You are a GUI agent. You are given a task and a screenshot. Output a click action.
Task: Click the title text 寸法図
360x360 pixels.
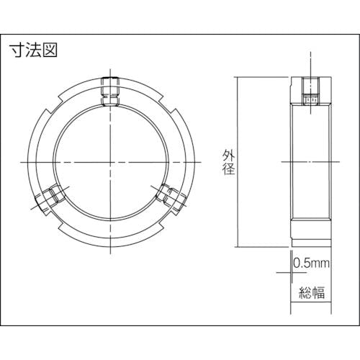(33, 50)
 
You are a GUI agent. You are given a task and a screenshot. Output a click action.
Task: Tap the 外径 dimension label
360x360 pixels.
(228, 162)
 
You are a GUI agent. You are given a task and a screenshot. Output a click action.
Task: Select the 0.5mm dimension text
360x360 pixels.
(312, 264)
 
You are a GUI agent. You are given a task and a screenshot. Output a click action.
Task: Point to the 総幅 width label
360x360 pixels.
(312, 292)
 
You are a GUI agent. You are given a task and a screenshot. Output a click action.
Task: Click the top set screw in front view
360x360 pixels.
(110, 91)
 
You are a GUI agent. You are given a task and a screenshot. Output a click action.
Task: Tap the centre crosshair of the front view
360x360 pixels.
(110, 163)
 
